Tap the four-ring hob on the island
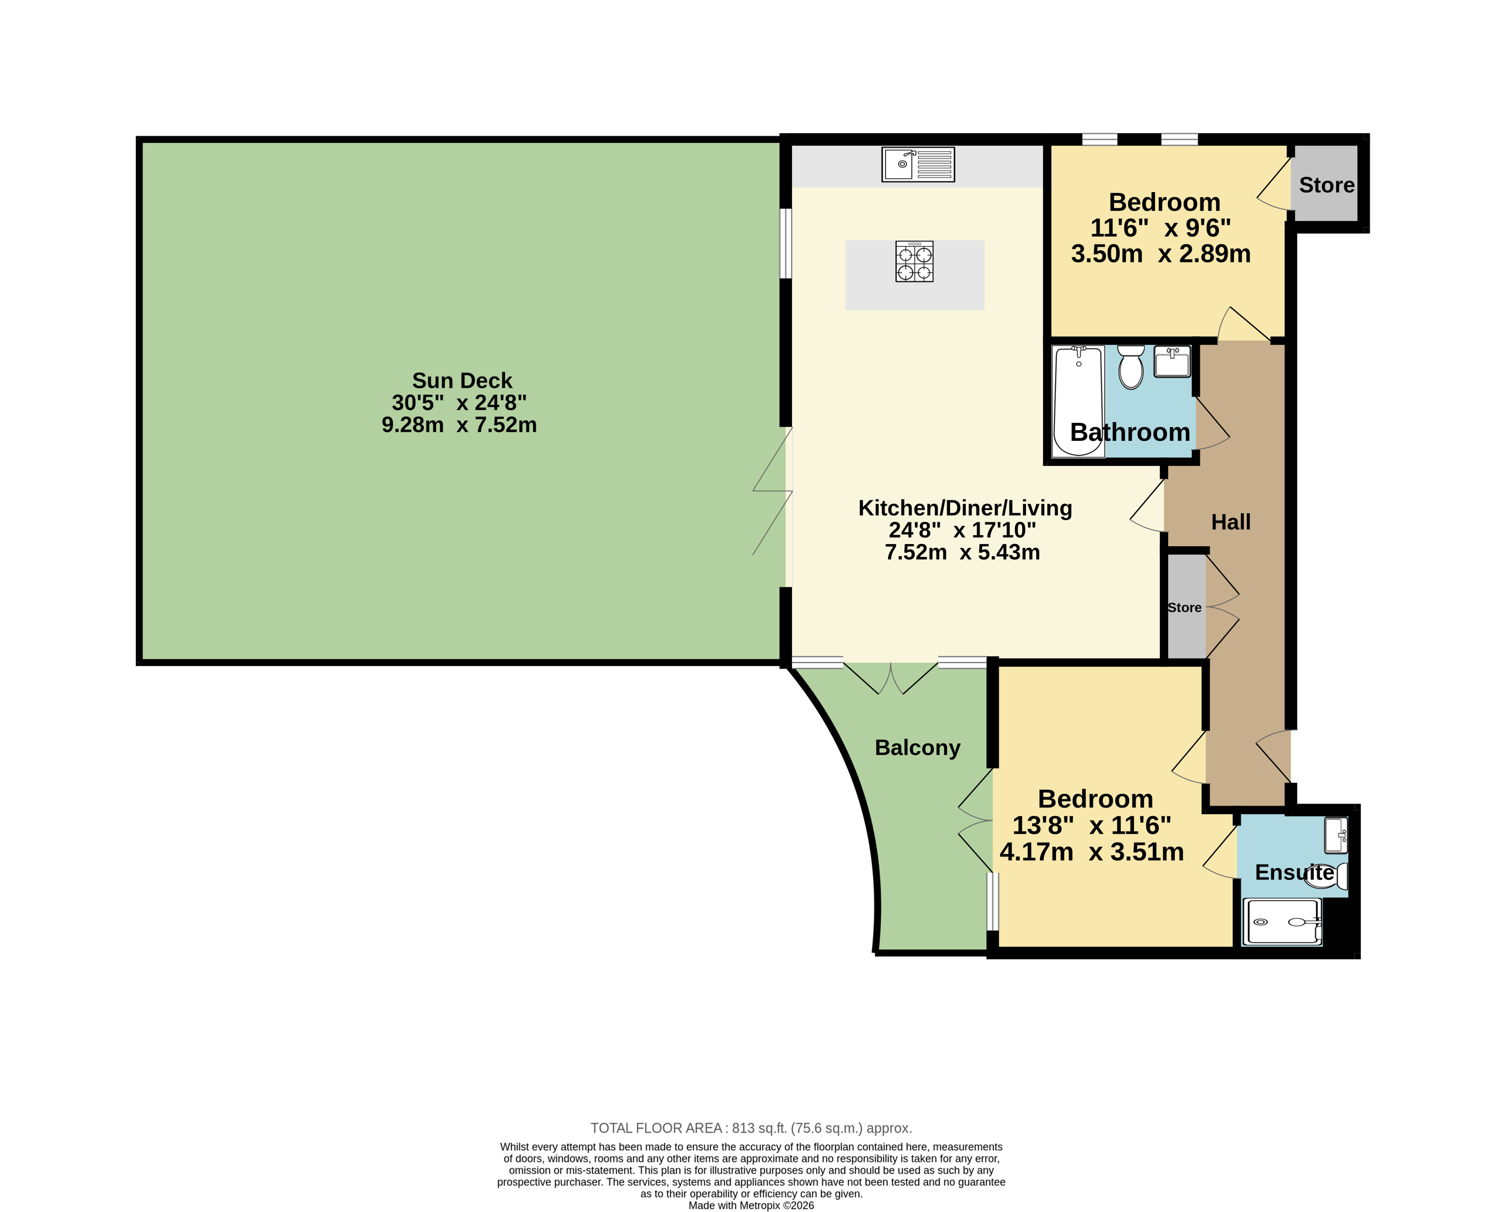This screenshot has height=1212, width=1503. (x=914, y=262)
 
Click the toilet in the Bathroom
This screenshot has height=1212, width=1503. (x=1131, y=367)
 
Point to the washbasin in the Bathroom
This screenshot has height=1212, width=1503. (x=1172, y=362)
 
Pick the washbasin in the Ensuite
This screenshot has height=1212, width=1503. (x=1336, y=835)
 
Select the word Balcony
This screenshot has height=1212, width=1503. (x=918, y=748)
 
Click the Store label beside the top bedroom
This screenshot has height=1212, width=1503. (x=1326, y=185)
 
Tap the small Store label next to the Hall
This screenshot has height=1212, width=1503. (x=1185, y=607)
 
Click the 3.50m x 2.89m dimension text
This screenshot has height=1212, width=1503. (x=1161, y=254)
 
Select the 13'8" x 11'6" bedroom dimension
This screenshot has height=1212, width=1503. (x=1092, y=825)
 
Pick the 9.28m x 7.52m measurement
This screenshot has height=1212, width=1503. (x=459, y=425)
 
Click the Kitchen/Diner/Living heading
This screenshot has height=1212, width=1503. (x=965, y=508)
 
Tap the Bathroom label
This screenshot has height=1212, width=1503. (x=1130, y=432)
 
